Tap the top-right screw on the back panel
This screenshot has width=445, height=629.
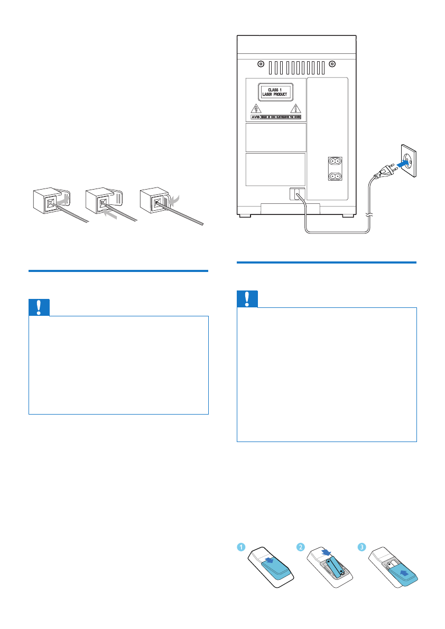coord(332,64)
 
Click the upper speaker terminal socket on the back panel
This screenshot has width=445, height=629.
coord(334,162)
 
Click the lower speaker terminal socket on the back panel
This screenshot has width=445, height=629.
coord(334,176)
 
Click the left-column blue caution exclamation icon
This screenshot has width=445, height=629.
coord(39,307)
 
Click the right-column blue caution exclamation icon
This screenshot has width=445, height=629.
coord(247,299)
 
